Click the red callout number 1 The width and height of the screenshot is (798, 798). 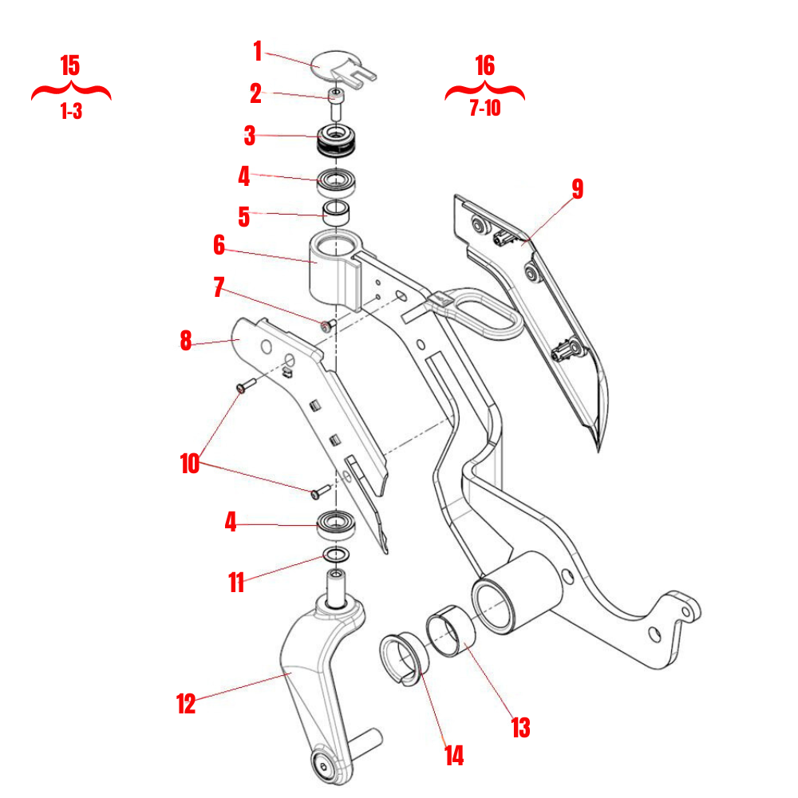coord(257,52)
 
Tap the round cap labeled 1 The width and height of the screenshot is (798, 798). coord(330,62)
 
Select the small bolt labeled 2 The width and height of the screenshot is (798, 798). coord(336,105)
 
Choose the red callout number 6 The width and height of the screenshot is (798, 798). coord(219,246)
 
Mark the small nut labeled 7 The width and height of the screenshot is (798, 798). coord(326,325)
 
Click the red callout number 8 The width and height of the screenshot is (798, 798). coord(186,341)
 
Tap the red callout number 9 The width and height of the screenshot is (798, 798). coord(577,189)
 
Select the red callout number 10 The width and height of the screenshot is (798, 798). coord(189,464)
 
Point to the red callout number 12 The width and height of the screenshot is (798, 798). coord(186,704)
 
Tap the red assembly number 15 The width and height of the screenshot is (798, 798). coord(70,65)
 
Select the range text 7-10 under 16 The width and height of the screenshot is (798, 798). coord(484,109)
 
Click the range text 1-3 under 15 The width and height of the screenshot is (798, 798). coord(70,113)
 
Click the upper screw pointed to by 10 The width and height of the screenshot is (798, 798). coord(245,386)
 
